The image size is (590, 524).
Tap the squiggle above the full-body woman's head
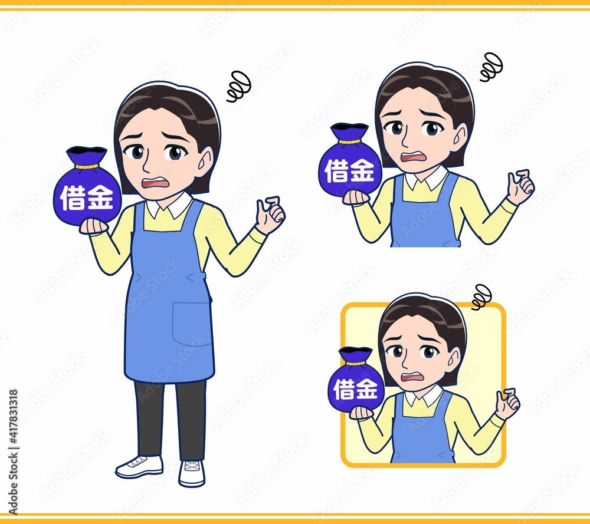238,86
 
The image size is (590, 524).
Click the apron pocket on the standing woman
191,324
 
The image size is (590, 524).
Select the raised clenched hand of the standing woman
270,215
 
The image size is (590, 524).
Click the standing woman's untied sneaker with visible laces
192,473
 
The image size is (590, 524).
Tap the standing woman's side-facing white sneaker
139,467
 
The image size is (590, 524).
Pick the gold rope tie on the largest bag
87,166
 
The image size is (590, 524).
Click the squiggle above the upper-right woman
491,67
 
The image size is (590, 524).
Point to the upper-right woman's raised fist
520,187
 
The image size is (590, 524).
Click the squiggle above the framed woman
481,297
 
